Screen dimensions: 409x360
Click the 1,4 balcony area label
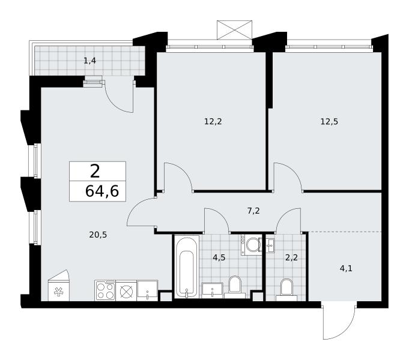(x=89, y=61)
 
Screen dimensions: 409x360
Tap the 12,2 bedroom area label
(x=213, y=121)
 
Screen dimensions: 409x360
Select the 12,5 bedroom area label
(x=329, y=121)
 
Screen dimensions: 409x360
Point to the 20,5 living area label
(x=98, y=235)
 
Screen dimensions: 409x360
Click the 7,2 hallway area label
(x=253, y=211)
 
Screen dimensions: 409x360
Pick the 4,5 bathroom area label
(x=219, y=257)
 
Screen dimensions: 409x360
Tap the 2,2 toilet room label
(x=291, y=257)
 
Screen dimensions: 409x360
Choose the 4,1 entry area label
(x=346, y=268)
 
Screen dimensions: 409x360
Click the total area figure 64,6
(x=102, y=191)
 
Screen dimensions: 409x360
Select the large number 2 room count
(x=95, y=171)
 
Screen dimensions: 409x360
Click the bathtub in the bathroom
(x=187, y=266)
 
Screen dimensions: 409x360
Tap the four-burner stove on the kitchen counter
(x=105, y=290)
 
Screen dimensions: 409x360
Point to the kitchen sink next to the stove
(x=147, y=290)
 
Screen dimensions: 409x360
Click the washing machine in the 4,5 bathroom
(x=251, y=245)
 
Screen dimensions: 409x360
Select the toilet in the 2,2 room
(x=286, y=290)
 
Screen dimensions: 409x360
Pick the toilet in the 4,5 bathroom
(x=235, y=287)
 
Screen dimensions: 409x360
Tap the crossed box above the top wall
(x=234, y=30)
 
